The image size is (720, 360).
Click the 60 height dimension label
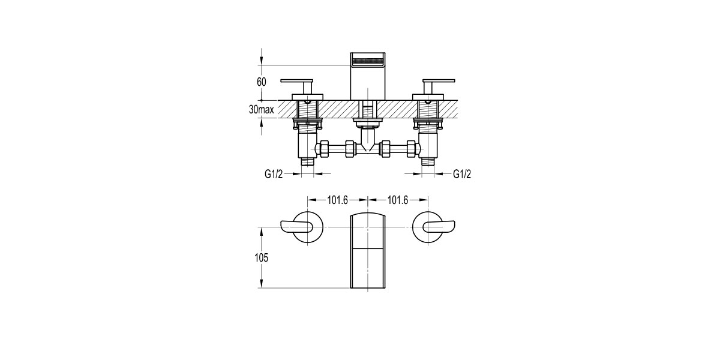click(x=261, y=82)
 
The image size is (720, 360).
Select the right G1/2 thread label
click(x=461, y=174)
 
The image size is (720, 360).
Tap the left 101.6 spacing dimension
click(x=337, y=200)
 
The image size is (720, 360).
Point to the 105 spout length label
click(x=259, y=257)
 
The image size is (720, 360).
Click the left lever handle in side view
click(x=298, y=81)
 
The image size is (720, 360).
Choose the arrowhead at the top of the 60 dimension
click(x=262, y=62)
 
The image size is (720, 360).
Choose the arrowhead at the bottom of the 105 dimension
click(x=262, y=284)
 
